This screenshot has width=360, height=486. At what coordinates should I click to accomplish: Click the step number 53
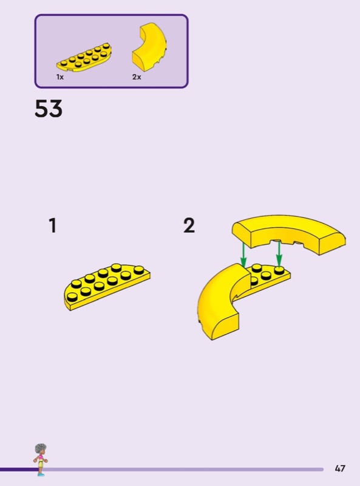pos(49,109)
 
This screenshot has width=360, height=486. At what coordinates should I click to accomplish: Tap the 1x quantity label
pos(59,77)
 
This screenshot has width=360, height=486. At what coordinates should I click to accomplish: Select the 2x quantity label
pos(137,77)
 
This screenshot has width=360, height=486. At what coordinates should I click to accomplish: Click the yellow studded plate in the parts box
pos(84,58)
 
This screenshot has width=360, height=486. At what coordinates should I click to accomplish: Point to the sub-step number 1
pos(53,225)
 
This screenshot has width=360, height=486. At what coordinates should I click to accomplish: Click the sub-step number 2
pos(189,225)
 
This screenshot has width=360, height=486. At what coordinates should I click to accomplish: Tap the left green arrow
pos(243,254)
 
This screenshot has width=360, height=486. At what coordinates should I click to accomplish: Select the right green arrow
pos(279,253)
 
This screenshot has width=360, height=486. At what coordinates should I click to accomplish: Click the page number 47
pos(340,468)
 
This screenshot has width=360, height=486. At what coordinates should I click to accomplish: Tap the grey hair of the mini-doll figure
pos(40,449)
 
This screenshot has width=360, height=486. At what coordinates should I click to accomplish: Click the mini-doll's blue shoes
pos(41,474)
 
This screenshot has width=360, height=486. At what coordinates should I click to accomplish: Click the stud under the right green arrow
pos(279,270)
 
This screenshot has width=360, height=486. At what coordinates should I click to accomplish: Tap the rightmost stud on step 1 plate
pos(139,270)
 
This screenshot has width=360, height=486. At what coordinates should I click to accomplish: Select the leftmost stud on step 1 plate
pos(72,297)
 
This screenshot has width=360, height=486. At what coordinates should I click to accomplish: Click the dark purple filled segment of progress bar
pos(19,470)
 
